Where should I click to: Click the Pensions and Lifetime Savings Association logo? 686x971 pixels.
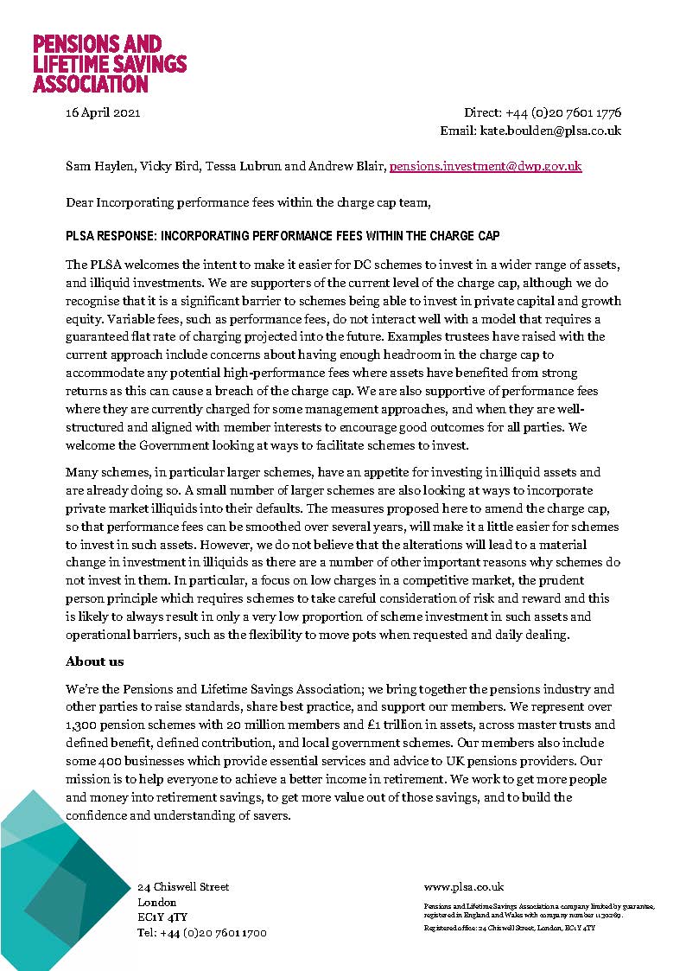[x=109, y=64]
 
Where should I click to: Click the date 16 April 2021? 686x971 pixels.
[x=103, y=112]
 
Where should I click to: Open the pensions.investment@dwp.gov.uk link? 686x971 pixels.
[x=486, y=166]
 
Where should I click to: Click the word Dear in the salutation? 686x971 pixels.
[x=79, y=202]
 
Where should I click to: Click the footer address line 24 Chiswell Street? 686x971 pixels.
[x=183, y=887]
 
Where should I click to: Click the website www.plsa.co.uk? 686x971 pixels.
[x=464, y=887]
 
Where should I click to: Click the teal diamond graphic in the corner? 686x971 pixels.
[x=60, y=891]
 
